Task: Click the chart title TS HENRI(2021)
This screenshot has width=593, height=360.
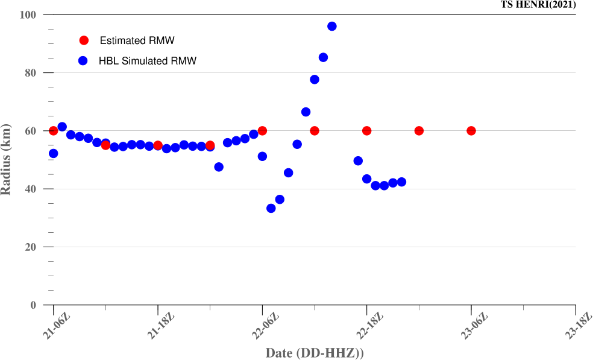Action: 538,5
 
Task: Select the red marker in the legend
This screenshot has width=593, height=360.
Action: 84,40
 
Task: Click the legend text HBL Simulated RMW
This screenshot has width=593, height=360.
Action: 148,61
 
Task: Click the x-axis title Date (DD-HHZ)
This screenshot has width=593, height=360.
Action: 315,352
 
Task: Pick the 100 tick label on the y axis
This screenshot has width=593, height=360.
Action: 28,14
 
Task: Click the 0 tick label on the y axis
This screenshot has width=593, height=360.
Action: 33,305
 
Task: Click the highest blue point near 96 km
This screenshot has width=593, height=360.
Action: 332,26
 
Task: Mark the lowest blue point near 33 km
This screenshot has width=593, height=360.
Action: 271,208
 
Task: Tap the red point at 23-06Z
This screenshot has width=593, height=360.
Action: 471,131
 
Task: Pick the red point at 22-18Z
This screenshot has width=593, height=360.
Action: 366,131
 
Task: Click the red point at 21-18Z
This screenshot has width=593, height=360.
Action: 158,145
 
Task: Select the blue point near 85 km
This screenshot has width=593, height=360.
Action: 323,57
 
